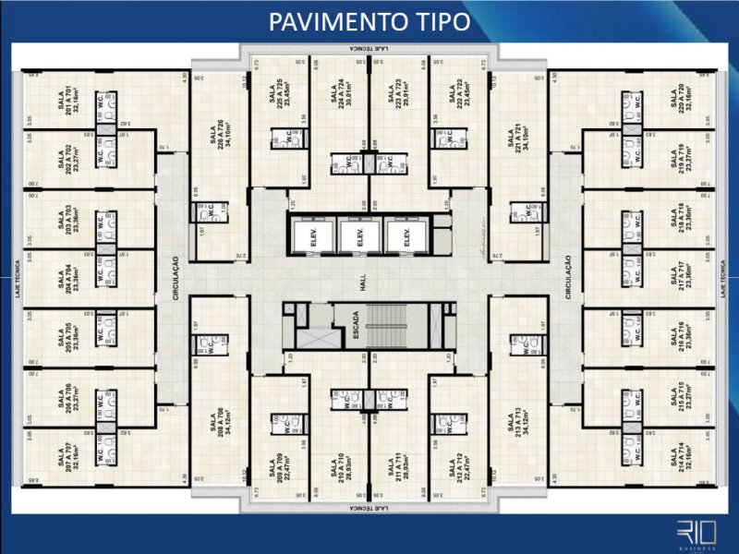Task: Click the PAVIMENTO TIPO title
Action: (369, 21)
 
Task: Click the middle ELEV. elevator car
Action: (354, 236)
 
